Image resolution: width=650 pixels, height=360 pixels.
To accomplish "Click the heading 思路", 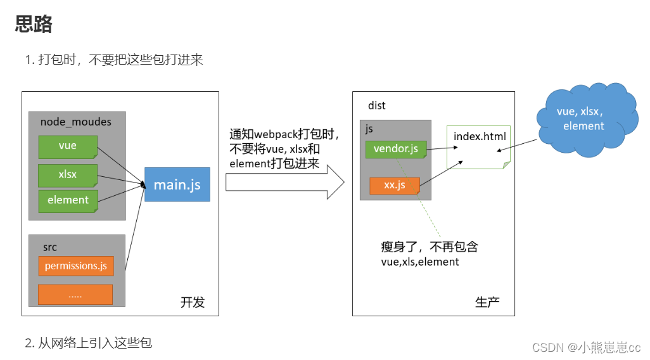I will click(34, 25).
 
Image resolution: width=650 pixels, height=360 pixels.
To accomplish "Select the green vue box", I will click(67, 146).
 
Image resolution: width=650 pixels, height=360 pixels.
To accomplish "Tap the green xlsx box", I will click(67, 174).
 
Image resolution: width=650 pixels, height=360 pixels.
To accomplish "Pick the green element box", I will click(68, 200).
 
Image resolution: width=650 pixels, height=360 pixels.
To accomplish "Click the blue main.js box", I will click(177, 184).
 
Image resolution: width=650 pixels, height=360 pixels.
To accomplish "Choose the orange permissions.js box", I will click(76, 266).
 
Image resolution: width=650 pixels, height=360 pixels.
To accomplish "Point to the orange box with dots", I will click(75, 295).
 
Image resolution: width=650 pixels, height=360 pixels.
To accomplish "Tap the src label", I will click(50, 247).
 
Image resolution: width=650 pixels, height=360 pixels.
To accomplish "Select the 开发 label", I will click(193, 302).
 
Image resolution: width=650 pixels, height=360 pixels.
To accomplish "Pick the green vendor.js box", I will click(396, 150).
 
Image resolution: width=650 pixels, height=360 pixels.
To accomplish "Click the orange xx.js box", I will click(395, 186).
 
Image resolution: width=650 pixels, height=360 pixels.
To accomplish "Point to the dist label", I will click(377, 105).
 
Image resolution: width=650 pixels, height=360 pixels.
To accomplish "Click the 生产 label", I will click(487, 302).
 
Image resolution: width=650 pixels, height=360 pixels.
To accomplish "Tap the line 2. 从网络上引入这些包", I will click(89, 343).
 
